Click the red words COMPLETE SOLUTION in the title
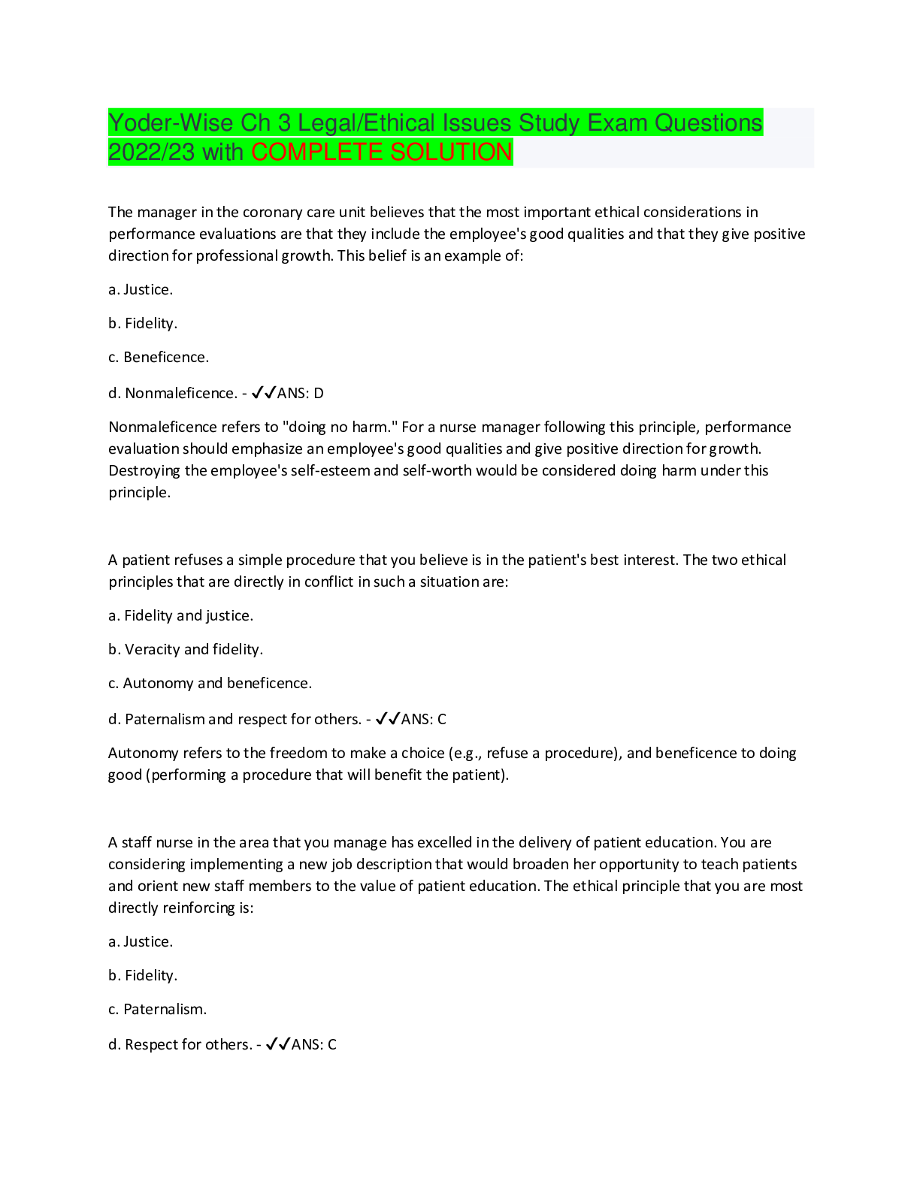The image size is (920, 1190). pyautogui.click(x=382, y=152)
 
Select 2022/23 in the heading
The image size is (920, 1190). pyautogui.click(x=151, y=152)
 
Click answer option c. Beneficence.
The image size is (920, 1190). pyautogui.click(x=159, y=357)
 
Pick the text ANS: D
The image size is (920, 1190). pyautogui.click(x=300, y=393)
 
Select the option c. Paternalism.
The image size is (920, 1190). pyautogui.click(x=158, y=1009)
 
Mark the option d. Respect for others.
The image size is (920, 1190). pyautogui.click(x=180, y=1045)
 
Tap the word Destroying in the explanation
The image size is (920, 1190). pyautogui.click(x=144, y=471)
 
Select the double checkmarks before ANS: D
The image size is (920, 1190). pyautogui.click(x=264, y=393)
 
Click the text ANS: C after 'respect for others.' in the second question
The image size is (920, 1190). pyautogui.click(x=424, y=719)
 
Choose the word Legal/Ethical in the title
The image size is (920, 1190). pyautogui.click(x=367, y=122)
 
